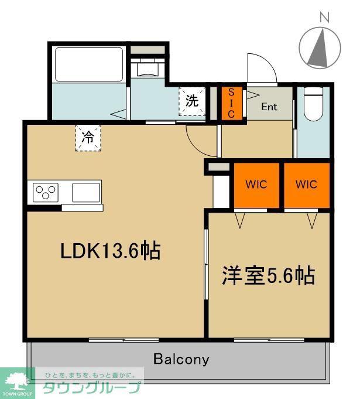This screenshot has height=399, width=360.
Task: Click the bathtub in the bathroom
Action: (x=89, y=64)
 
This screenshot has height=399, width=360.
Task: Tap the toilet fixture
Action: (x=313, y=104)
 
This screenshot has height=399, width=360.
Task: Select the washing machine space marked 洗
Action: (x=191, y=101)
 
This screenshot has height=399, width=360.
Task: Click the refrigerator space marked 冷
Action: (x=88, y=138)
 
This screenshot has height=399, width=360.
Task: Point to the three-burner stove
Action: (x=46, y=192)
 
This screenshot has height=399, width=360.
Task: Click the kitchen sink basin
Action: (x=86, y=192)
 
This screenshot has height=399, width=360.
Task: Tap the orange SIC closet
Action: (x=231, y=103)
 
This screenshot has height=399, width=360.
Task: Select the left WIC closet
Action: (x=256, y=185)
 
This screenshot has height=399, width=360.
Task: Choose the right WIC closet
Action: (x=306, y=185)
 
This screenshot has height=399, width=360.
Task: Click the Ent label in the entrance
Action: (x=269, y=107)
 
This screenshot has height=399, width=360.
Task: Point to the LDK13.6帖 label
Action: (x=111, y=251)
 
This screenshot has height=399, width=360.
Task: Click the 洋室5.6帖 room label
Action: (x=269, y=275)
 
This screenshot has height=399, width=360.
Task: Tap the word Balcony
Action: (x=181, y=359)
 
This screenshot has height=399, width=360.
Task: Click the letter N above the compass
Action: (x=324, y=18)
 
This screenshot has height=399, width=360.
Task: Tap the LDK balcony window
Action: (x=124, y=340)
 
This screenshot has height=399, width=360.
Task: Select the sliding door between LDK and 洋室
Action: (x=206, y=264)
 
